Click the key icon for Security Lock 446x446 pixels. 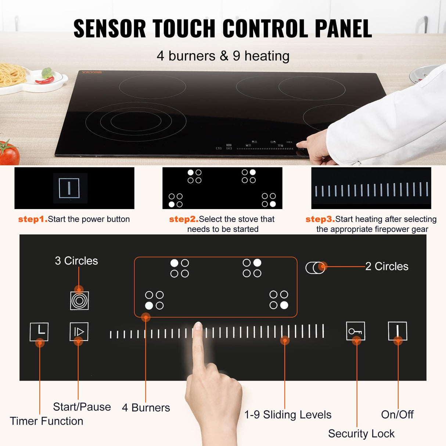coord(355,331)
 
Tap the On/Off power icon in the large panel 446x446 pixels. coord(398,331)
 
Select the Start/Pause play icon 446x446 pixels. coord(79,332)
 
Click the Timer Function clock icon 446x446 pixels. coord(39,332)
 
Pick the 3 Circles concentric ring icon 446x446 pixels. coord(79,301)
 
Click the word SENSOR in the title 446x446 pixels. coord(109,29)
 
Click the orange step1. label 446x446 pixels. coord(33,219)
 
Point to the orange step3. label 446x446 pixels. coord(320,219)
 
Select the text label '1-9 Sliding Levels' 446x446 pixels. coord(288,415)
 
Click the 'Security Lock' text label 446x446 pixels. coord(361,434)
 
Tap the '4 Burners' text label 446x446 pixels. coord(146,408)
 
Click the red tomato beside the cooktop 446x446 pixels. coord(9,153)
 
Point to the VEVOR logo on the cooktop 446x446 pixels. coord(91,72)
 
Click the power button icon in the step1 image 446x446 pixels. coord(69,188)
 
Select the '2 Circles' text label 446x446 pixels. coord(386,266)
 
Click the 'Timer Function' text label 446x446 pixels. coord(46,421)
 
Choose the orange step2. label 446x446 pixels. coord(183,219)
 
